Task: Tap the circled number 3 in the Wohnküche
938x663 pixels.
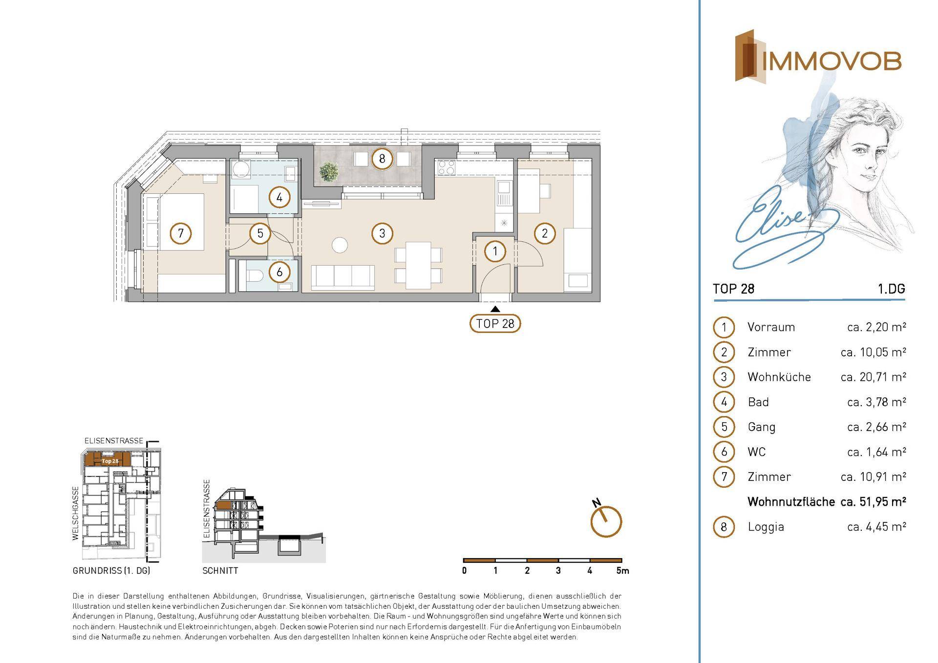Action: coord(382,233)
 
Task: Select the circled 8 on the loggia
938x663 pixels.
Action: coord(382,159)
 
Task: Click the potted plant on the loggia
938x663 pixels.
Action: coord(329,172)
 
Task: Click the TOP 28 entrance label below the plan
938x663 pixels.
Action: coord(495,324)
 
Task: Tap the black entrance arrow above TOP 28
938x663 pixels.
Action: coord(495,309)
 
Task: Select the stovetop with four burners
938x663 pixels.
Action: coord(446,168)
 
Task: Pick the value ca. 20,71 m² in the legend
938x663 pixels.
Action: coord(874,377)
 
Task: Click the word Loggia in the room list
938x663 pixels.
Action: coord(766,527)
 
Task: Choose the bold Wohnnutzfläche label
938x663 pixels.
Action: coord(791,502)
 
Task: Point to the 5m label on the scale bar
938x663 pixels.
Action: coord(623,571)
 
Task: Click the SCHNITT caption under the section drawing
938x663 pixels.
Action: coord(220,571)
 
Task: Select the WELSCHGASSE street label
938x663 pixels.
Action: coord(75,513)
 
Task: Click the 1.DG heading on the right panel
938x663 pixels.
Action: coord(892,289)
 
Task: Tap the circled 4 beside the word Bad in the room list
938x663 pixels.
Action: coord(724,402)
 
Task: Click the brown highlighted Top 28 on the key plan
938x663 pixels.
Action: coord(107,460)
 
